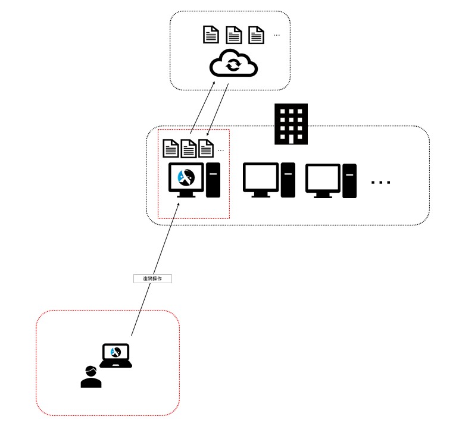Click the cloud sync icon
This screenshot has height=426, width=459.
click(233, 64)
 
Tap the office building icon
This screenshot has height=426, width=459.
click(291, 124)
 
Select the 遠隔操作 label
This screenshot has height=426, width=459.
click(152, 278)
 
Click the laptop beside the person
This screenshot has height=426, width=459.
click(115, 355)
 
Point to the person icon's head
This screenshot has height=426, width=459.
click(91, 371)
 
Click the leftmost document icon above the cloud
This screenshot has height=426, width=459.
click(211, 35)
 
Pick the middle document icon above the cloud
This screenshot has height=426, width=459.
click(233, 35)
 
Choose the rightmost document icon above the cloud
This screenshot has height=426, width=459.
click(256, 35)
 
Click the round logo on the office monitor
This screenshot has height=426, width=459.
click(186, 176)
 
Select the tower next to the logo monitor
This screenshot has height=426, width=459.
click(213, 180)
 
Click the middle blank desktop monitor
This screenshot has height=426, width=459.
click(261, 178)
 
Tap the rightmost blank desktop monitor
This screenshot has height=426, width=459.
click(323, 178)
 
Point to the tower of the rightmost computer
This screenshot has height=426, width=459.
click(349, 180)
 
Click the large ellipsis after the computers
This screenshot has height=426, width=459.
click(381, 182)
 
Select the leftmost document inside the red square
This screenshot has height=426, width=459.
click(171, 148)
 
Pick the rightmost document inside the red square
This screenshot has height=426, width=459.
click(206, 148)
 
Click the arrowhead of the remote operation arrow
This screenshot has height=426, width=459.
click(178, 204)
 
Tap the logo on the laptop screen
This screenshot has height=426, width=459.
click(115, 352)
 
